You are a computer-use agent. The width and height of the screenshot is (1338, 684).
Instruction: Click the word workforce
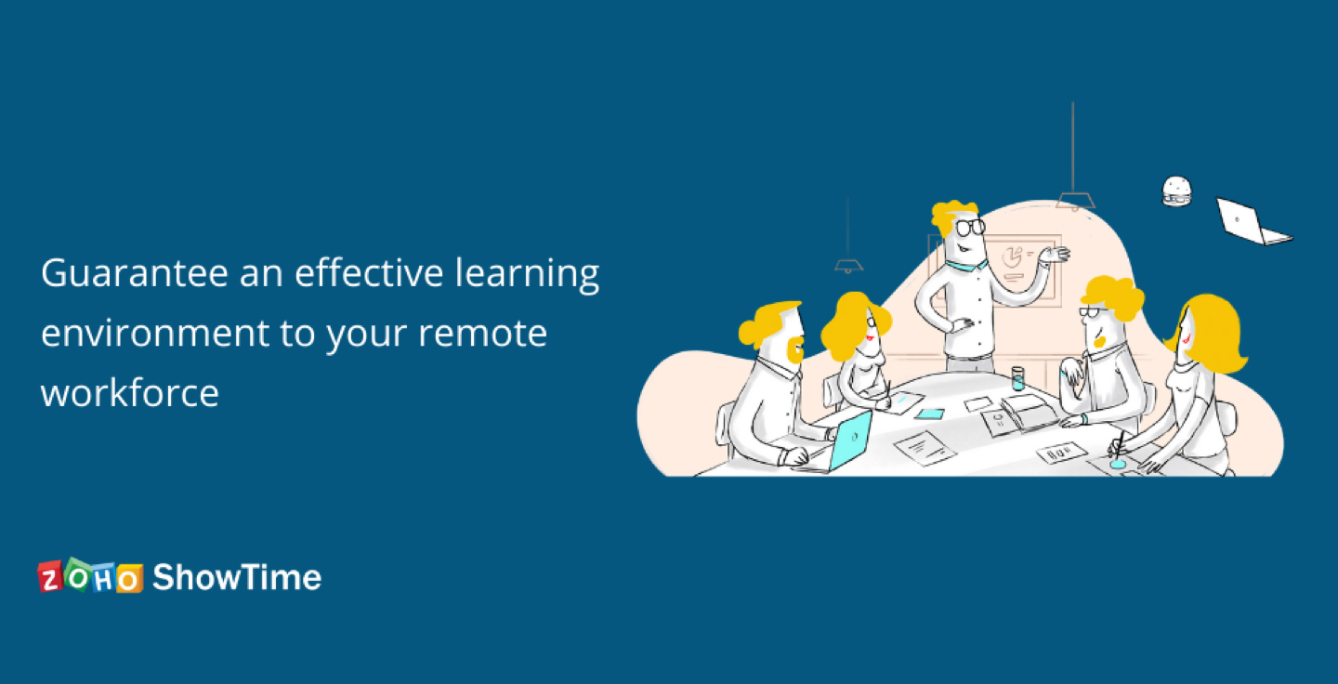pos(130,392)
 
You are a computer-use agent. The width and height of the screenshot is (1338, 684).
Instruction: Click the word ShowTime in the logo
pos(237,577)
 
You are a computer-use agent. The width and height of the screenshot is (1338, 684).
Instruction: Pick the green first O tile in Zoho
pos(78,575)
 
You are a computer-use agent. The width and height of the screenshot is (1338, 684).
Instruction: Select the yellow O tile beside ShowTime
pos(130,579)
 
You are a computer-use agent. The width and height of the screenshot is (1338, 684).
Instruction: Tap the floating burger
pos(1176,191)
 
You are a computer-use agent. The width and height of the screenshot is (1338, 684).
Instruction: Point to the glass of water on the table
pos(1017,377)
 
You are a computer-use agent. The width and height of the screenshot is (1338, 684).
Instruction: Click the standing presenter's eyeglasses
pos(971,226)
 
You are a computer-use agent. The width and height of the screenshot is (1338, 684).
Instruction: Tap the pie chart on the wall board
pos(1013,253)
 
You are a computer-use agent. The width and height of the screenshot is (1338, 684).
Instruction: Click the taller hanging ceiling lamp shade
pos(1075,200)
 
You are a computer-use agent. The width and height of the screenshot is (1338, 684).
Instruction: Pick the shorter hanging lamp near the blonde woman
pos(847,266)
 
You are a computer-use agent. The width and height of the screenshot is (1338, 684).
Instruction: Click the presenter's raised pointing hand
pos(1055,254)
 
